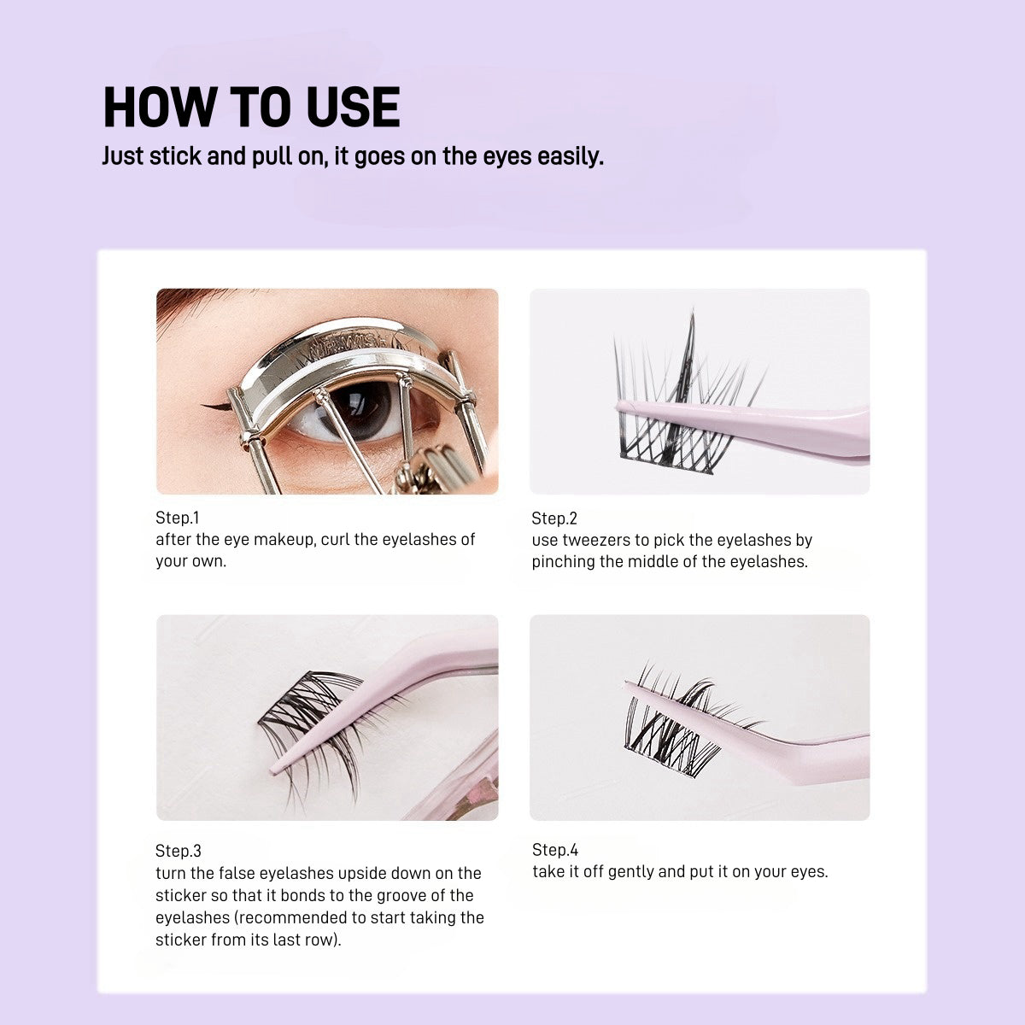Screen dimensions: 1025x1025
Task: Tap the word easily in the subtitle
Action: tap(569, 157)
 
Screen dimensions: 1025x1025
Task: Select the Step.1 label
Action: tap(177, 518)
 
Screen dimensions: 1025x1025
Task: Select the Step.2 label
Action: tap(554, 518)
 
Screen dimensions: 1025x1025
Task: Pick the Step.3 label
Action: tap(179, 851)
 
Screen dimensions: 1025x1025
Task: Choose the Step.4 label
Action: tap(555, 850)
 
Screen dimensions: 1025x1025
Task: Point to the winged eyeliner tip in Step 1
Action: tap(205, 404)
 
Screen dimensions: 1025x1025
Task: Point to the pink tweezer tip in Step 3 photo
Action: tap(275, 770)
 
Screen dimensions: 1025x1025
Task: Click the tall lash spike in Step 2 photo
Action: tap(690, 329)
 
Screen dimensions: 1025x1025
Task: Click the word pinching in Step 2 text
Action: tap(562, 562)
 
